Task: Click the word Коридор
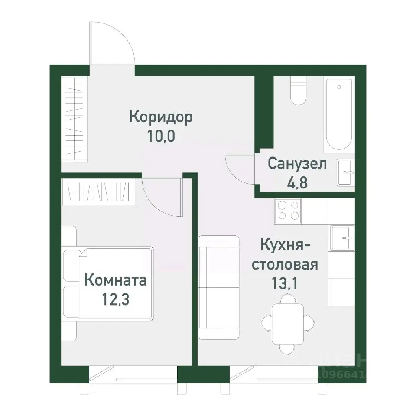(x=161, y=117)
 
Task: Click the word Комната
(x=115, y=280)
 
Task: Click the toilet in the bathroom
(x=298, y=91)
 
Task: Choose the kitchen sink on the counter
(x=342, y=238)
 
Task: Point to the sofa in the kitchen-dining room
(x=219, y=287)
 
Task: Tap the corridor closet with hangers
(x=74, y=117)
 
